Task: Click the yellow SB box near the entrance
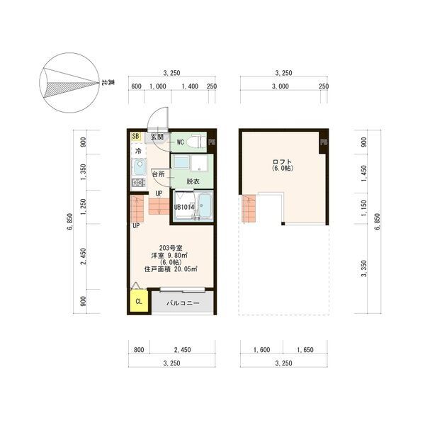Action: (x=136, y=136)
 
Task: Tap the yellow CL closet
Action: (x=139, y=301)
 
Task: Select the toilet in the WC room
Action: (x=197, y=142)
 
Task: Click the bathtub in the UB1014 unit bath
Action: (x=205, y=205)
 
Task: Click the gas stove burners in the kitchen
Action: (x=139, y=183)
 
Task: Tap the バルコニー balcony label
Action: (x=183, y=303)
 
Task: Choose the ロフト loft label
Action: (x=283, y=162)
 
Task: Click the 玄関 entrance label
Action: (x=157, y=137)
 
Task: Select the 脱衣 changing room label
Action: (x=193, y=181)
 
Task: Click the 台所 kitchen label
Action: (x=158, y=174)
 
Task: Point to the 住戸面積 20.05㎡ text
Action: (x=171, y=269)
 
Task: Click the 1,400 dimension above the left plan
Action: (x=190, y=86)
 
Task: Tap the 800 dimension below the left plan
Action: (x=139, y=350)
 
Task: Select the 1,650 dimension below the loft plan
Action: (x=305, y=350)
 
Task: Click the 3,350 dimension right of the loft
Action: (x=364, y=268)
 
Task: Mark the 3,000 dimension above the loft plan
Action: (x=280, y=86)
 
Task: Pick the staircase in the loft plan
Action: (x=249, y=208)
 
